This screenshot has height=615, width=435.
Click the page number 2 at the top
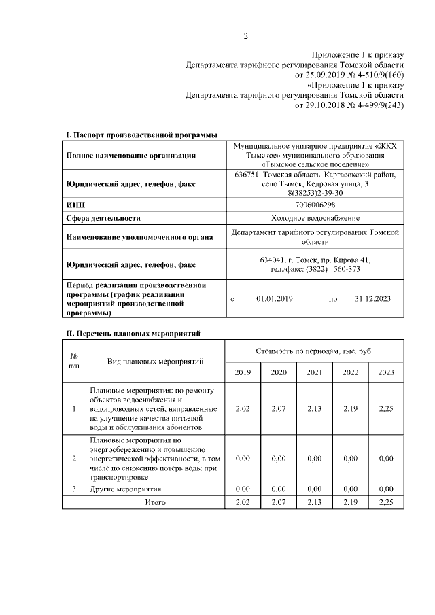tap(246, 36)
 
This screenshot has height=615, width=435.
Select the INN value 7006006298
tap(315, 204)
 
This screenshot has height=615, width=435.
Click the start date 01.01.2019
tap(274, 299)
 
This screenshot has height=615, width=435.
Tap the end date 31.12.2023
tap(373, 299)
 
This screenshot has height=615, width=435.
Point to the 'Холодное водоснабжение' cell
tap(315, 218)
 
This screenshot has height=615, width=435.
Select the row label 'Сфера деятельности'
tap(103, 218)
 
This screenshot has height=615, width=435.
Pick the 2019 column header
tap(242, 372)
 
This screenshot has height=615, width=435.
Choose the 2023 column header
tap(385, 372)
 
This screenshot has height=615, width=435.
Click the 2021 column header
tap(314, 372)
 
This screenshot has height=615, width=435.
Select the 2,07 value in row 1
tap(278, 409)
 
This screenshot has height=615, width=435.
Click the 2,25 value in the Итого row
tap(385, 502)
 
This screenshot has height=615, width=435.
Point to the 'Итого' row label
tap(155, 502)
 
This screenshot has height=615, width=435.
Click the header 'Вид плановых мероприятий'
tap(155, 362)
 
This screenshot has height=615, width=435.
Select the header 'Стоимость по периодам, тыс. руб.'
tap(314, 351)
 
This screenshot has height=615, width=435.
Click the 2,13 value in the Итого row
tap(314, 502)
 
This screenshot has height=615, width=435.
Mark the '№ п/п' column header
tap(74, 361)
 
